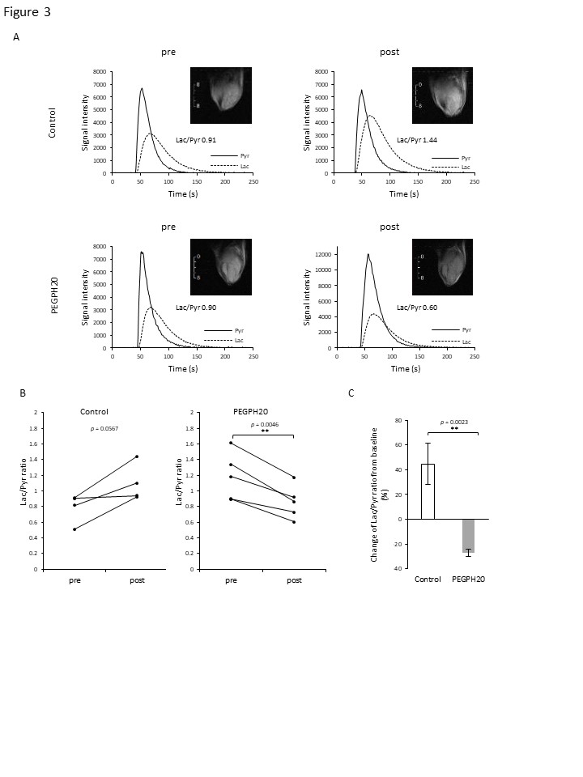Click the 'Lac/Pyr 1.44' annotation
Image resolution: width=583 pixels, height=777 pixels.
point(417,139)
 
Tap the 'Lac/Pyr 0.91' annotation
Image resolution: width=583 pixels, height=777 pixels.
point(196,139)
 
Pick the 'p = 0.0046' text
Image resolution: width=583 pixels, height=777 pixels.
point(263,424)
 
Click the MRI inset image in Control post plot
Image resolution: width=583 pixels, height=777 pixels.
point(442,96)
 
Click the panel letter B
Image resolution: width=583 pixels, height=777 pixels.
point(23,393)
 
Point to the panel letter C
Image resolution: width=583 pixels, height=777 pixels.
point(351,393)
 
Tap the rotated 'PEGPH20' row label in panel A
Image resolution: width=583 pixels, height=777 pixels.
point(56,296)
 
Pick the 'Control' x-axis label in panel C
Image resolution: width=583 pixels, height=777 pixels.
point(428,580)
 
